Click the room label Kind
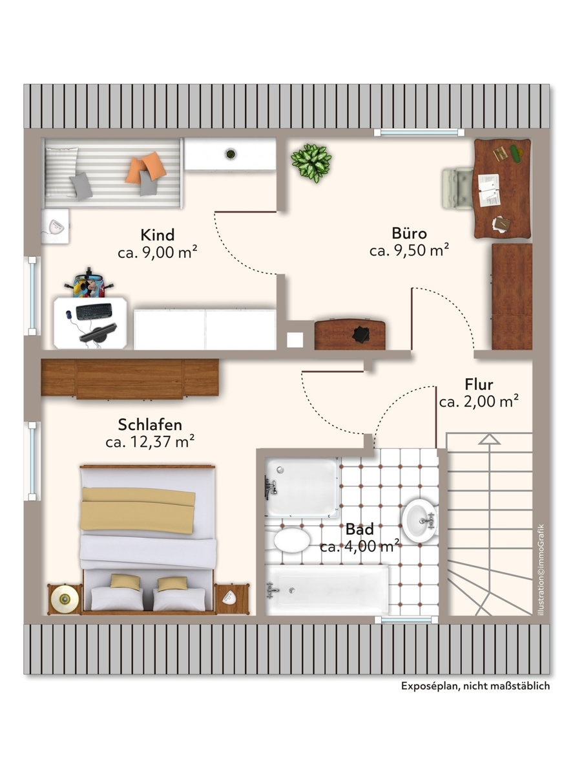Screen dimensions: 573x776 pos(158,235)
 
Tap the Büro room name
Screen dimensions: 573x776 pos(409,233)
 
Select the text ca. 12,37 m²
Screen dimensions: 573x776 pos(150,442)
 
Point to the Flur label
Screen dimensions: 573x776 pos(479,384)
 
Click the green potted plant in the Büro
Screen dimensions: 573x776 pos(311,163)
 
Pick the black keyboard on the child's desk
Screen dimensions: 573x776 pos(94,311)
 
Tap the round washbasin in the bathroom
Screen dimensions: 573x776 pos(419,521)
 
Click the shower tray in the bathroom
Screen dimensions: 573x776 pos(302,487)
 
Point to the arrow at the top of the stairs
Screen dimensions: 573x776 pos(489,439)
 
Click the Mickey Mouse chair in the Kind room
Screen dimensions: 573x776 pos(89,283)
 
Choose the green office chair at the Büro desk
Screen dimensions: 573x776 pos(458,188)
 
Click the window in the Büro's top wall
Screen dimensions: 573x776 pos(419,133)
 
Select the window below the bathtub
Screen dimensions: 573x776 pos(406,620)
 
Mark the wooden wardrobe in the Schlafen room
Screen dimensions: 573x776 pos(130,378)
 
